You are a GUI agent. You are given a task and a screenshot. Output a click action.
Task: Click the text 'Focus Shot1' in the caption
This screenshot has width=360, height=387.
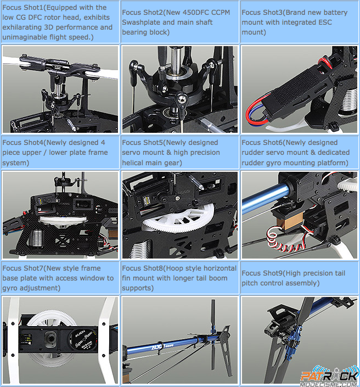point(22,7)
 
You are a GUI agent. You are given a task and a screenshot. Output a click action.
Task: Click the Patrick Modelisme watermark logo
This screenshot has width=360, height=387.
point(330,377)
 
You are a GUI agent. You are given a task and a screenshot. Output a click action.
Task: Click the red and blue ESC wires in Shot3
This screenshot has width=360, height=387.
point(257,113)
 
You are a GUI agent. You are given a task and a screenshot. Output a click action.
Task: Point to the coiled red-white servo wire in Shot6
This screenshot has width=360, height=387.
point(284,240)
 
